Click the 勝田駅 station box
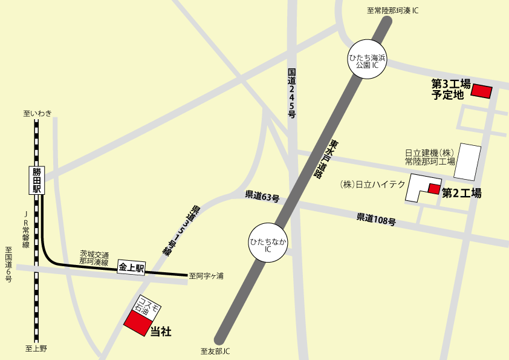pyautogui.click(x=37, y=180)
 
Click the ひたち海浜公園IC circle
pyautogui.click(x=367, y=60)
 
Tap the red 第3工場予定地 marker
pyautogui.click(x=481, y=91)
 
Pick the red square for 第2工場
pyautogui.click(x=434, y=189)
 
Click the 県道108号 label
pyautogui.click(x=376, y=219)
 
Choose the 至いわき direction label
pyautogui.click(x=37, y=113)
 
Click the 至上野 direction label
pyautogui.click(x=36, y=349)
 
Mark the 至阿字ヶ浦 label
pyautogui.click(x=206, y=276)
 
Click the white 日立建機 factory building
pyautogui.click(x=467, y=162)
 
